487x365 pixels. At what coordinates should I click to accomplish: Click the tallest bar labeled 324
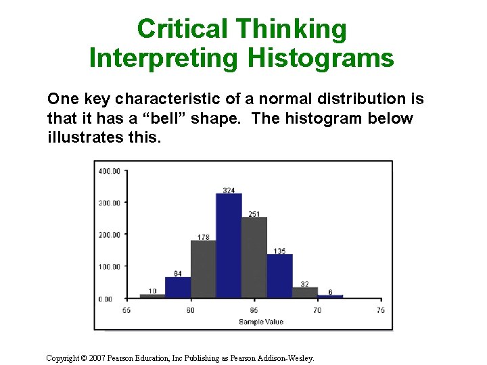click(229, 245)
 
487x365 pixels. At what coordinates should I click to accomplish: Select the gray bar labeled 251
click(254, 257)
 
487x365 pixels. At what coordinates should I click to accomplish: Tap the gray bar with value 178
click(203, 269)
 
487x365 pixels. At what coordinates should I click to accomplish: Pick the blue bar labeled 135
click(279, 276)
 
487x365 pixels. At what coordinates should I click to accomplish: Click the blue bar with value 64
click(178, 287)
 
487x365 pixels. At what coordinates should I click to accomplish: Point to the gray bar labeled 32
click(305, 292)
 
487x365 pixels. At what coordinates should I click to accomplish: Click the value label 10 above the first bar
click(152, 291)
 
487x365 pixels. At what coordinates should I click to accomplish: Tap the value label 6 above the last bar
click(330, 292)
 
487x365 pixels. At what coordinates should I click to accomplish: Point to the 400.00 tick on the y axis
click(109, 172)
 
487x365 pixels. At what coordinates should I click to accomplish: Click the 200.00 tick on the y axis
click(109, 235)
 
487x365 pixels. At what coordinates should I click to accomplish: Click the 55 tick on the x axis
click(126, 310)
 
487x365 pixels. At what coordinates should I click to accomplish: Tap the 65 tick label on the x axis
click(254, 310)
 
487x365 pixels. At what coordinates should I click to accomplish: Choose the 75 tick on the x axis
click(381, 310)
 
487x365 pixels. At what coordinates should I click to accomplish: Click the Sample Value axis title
click(261, 322)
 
